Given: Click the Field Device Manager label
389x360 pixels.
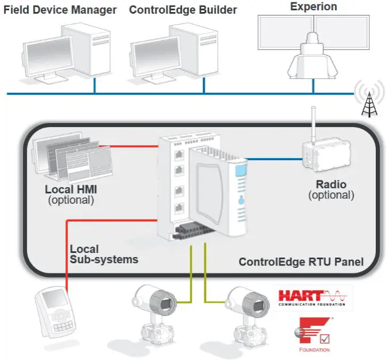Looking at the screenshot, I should click(60, 10).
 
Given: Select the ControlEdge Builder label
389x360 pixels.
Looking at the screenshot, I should click(183, 10).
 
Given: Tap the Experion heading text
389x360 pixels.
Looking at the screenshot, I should click(313, 7).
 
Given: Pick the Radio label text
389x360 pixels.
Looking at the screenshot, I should click(331, 184).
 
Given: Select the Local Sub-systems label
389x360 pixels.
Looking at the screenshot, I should click(104, 254).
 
